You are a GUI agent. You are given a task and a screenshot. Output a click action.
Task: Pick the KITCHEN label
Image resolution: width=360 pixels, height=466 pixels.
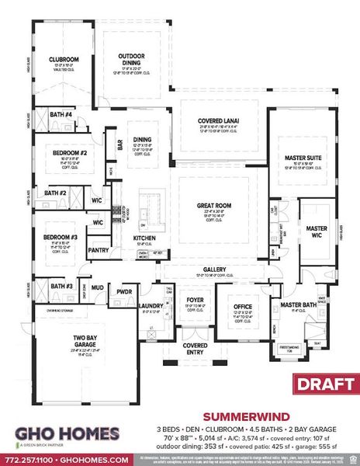[x=145, y=237]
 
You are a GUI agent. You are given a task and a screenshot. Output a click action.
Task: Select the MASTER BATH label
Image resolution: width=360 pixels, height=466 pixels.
[x=297, y=305]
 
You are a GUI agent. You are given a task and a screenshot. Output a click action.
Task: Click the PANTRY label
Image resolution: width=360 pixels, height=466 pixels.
[x=99, y=250]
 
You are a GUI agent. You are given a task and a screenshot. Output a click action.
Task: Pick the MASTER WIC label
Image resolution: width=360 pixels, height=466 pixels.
[x=317, y=232]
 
